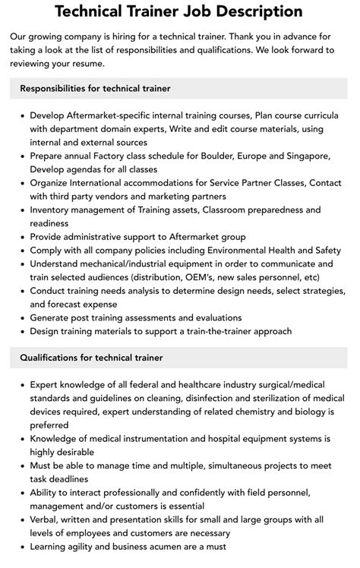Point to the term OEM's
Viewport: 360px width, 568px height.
pyautogui.click(x=213, y=277)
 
